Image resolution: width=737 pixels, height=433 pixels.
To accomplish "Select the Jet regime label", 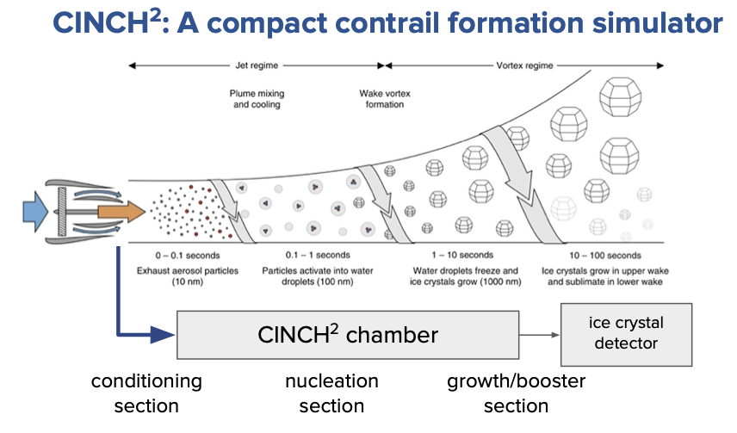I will coord(256,65).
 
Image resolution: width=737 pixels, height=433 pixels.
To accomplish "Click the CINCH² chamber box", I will coord(347,335).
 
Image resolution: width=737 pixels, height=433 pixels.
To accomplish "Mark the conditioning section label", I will coord(146,393).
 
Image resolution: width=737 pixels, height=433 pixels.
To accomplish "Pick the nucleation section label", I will coord(331,393).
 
